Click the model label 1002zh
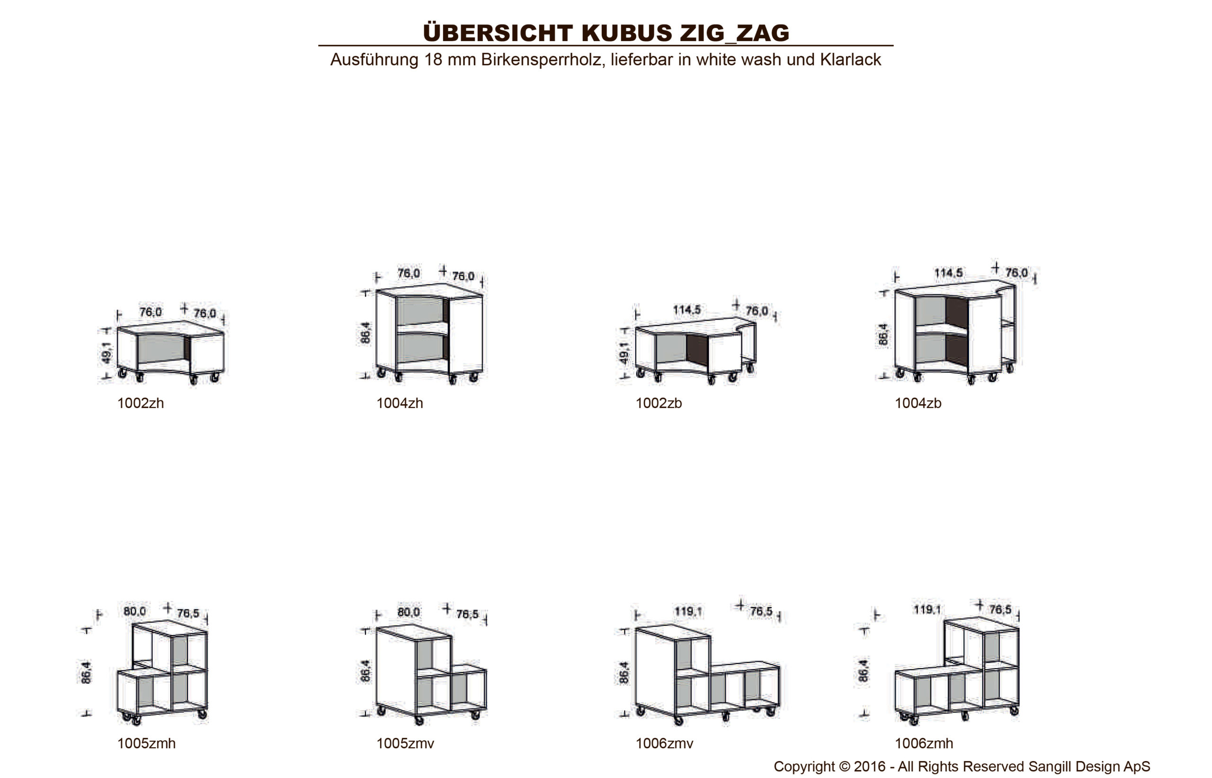(x=141, y=403)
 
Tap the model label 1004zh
(x=399, y=403)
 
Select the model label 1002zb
(x=659, y=403)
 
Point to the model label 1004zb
(x=918, y=403)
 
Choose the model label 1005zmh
(x=147, y=743)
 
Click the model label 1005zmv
(x=405, y=743)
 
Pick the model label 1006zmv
(x=664, y=743)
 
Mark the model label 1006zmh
(x=924, y=743)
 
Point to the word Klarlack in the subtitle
(x=851, y=60)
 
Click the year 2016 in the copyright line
(x=869, y=766)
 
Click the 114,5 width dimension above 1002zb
(x=687, y=309)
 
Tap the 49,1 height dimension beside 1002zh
(x=106, y=352)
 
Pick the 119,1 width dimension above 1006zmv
(x=688, y=612)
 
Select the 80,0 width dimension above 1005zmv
(x=409, y=612)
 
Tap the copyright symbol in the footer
(x=845, y=766)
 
